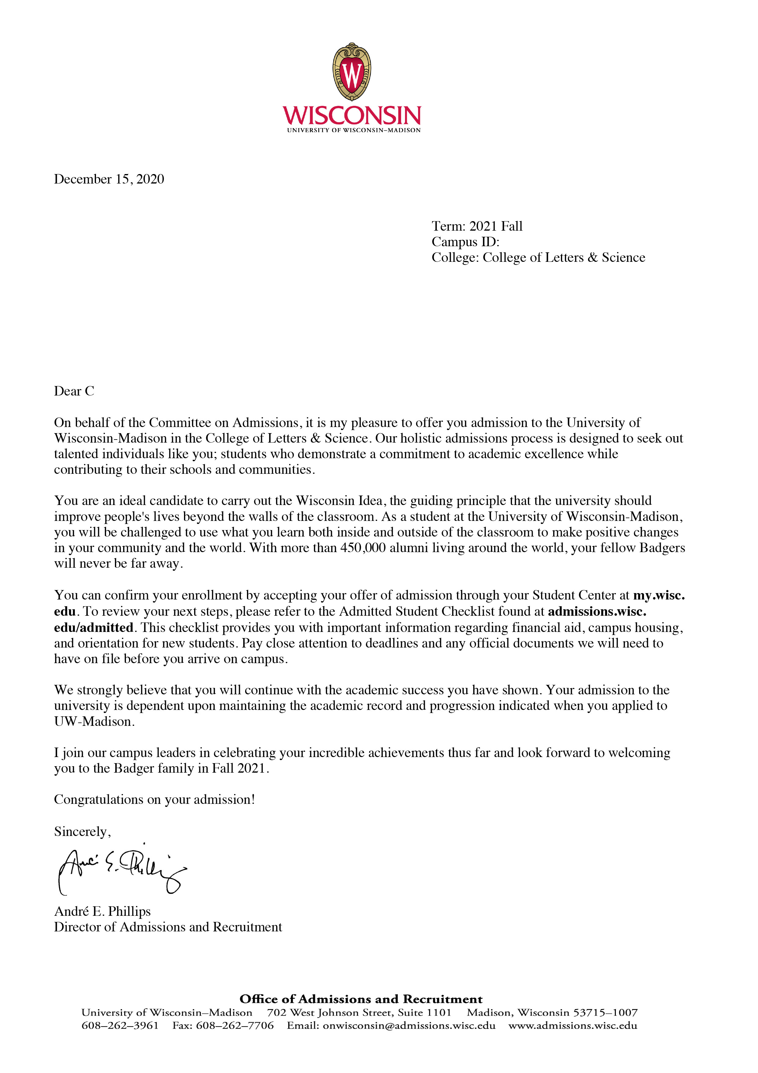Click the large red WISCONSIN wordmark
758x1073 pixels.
(352, 115)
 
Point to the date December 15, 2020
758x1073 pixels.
(109, 179)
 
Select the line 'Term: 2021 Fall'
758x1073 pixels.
(477, 226)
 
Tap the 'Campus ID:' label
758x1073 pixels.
(465, 242)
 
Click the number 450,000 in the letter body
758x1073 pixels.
(363, 548)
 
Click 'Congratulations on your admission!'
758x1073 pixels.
(154, 799)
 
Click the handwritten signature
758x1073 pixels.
(121, 869)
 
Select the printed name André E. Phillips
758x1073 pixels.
(102, 911)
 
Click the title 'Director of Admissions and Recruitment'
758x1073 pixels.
(168, 927)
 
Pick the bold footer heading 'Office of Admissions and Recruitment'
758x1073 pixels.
(361, 999)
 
